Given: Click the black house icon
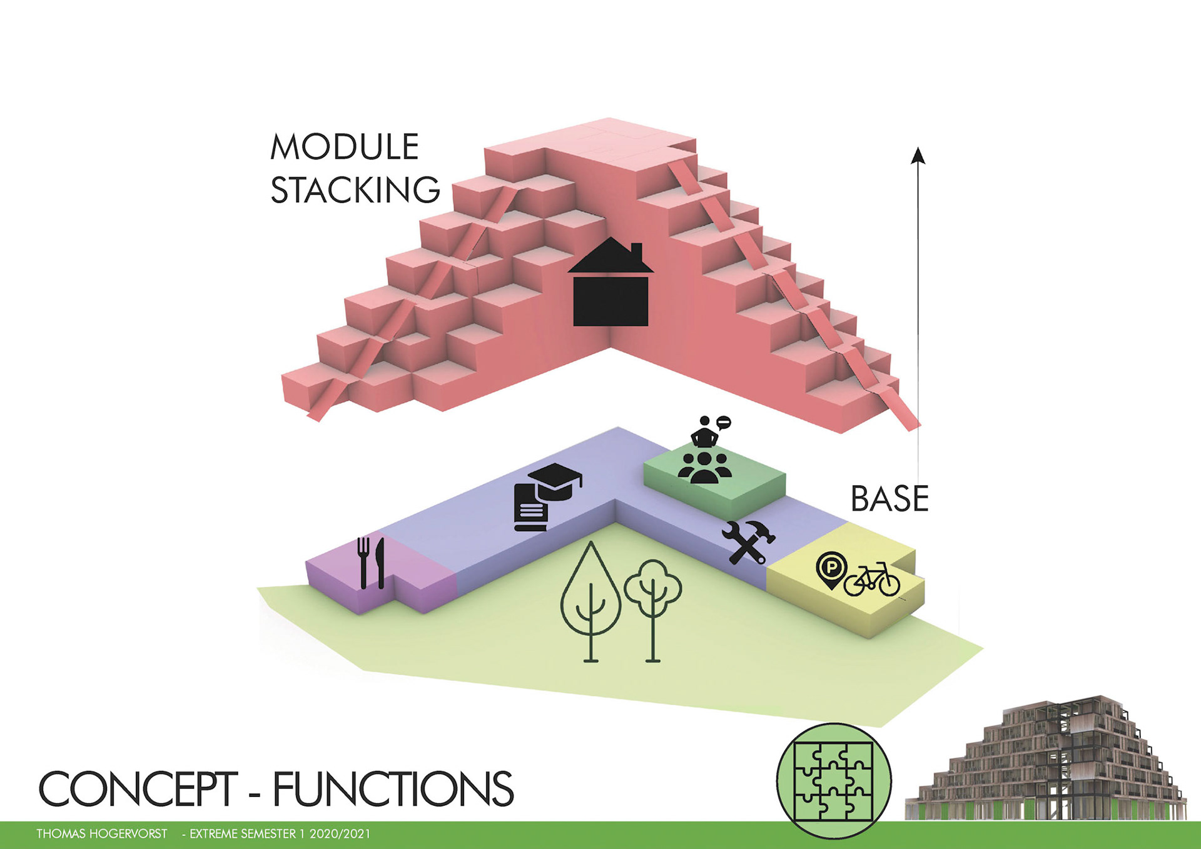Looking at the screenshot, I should click(x=611, y=284).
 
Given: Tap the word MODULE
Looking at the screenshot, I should click(x=345, y=147).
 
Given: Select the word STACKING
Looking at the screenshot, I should click(x=355, y=190).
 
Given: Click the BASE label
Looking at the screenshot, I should click(x=889, y=499).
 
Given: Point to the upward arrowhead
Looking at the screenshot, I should click(x=918, y=155).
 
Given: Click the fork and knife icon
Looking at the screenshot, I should click(x=371, y=563).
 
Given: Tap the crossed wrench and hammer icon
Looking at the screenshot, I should click(x=748, y=542).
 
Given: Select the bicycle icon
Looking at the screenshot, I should click(x=872, y=580).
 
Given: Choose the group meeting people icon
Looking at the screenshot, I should click(x=704, y=466).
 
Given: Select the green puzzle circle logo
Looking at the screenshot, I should click(x=834, y=781).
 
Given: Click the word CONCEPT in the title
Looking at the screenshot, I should click(x=138, y=789).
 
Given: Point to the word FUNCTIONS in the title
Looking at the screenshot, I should click(x=393, y=789).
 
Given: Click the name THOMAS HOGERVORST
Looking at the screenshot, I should click(x=102, y=834).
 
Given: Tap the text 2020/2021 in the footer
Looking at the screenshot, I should click(x=340, y=834).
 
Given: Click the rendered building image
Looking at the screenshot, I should click(x=1046, y=760).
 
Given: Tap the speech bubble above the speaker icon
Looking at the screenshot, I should click(x=723, y=423).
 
